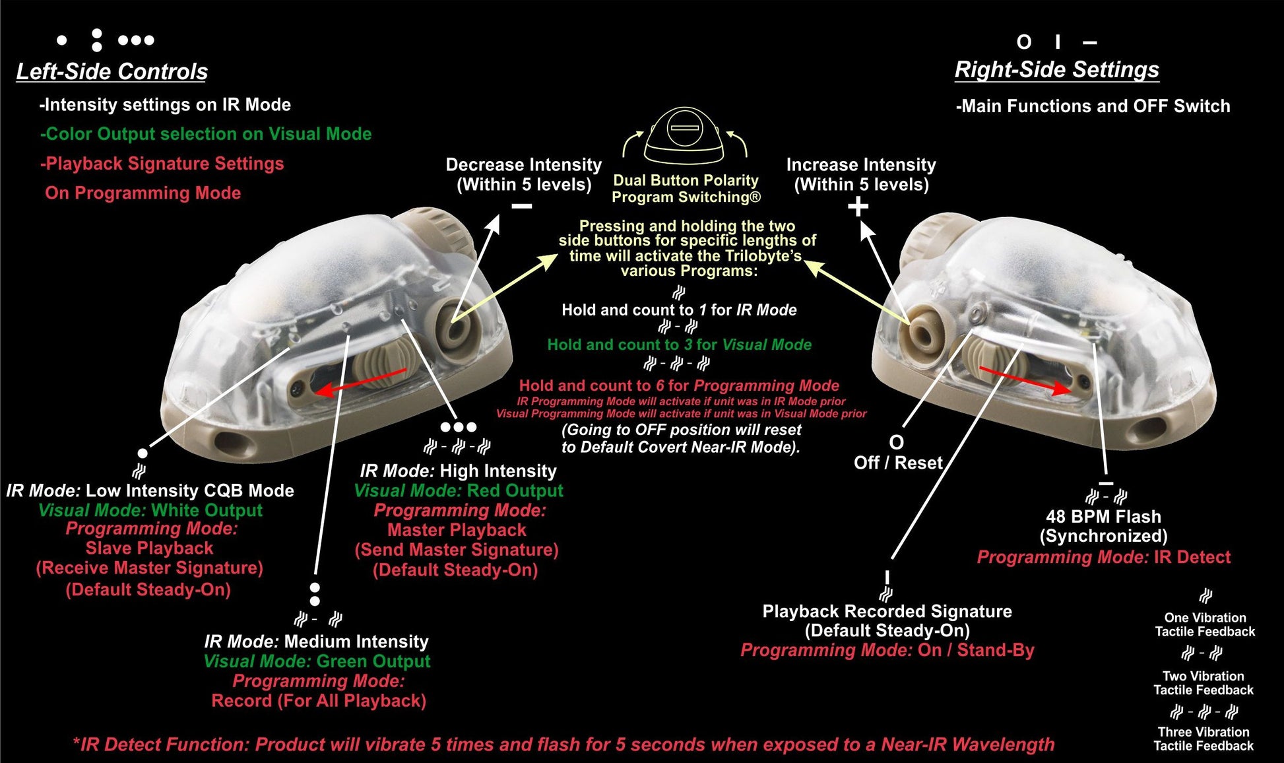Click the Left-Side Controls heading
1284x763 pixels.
[x=112, y=71]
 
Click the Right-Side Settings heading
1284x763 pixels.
[x=1056, y=69]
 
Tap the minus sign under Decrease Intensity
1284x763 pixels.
[x=522, y=207]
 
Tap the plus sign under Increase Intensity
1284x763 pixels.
[x=858, y=207]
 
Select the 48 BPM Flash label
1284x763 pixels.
[x=1103, y=517]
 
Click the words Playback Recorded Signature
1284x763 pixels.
[x=887, y=611]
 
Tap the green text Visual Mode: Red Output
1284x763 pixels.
[x=459, y=491]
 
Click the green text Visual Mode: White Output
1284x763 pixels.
[x=150, y=510]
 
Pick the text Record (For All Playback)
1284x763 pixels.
[x=319, y=701]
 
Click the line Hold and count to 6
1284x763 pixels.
[x=679, y=385]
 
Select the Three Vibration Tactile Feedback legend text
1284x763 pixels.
[x=1204, y=739]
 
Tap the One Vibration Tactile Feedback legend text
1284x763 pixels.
[x=1205, y=624]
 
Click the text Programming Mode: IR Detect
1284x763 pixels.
[x=1103, y=557]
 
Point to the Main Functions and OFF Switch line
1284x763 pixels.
[x=1093, y=106]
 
